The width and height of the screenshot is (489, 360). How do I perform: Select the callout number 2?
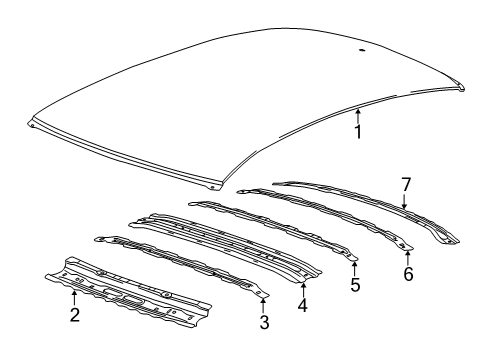[x=74, y=316]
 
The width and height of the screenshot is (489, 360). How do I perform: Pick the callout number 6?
[x=407, y=271]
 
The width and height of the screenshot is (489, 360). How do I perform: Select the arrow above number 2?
[x=74, y=298]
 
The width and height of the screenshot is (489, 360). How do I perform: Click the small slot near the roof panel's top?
[x=360, y=48]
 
